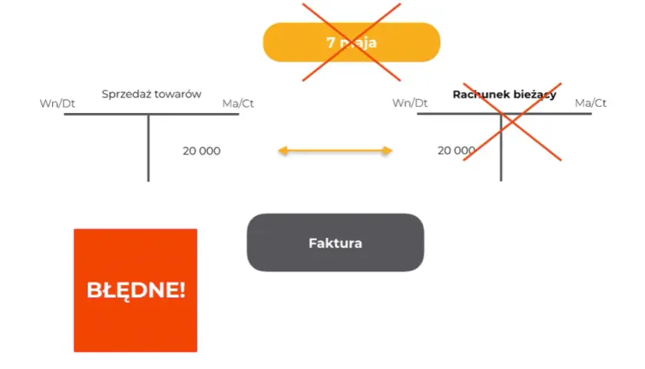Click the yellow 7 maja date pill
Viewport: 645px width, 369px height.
pyautogui.click(x=352, y=42)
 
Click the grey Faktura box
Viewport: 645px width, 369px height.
pyautogui.click(x=336, y=243)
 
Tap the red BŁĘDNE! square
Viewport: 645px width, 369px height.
pyautogui.click(x=135, y=291)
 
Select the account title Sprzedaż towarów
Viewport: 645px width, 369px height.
pyautogui.click(x=151, y=95)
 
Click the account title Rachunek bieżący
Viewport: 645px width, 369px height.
pyautogui.click(x=504, y=95)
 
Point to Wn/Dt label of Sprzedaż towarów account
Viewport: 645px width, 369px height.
pyautogui.click(x=57, y=103)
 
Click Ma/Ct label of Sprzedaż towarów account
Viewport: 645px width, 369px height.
pyautogui.click(x=238, y=103)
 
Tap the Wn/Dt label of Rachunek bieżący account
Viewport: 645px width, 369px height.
pyautogui.click(x=410, y=103)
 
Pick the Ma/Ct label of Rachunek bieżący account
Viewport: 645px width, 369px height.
pyautogui.click(x=590, y=103)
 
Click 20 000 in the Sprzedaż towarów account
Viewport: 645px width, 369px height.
pyautogui.click(x=201, y=151)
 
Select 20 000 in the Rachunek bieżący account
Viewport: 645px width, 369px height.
pyautogui.click(x=456, y=151)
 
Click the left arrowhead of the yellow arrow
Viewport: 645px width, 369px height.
pyautogui.click(x=283, y=151)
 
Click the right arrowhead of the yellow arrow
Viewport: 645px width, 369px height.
pyautogui.click(x=387, y=151)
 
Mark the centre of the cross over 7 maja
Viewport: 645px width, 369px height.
pyautogui.click(x=352, y=42)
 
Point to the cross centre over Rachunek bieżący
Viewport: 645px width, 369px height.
pyautogui.click(x=512, y=122)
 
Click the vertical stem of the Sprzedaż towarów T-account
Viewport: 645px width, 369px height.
pyautogui.click(x=148, y=148)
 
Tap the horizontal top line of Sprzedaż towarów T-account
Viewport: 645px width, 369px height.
pyautogui.click(x=151, y=114)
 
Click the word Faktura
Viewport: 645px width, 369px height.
pyautogui.click(x=336, y=243)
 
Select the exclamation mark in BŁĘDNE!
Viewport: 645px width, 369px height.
pyautogui.click(x=182, y=290)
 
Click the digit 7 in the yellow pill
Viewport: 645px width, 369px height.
pyautogui.click(x=330, y=42)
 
